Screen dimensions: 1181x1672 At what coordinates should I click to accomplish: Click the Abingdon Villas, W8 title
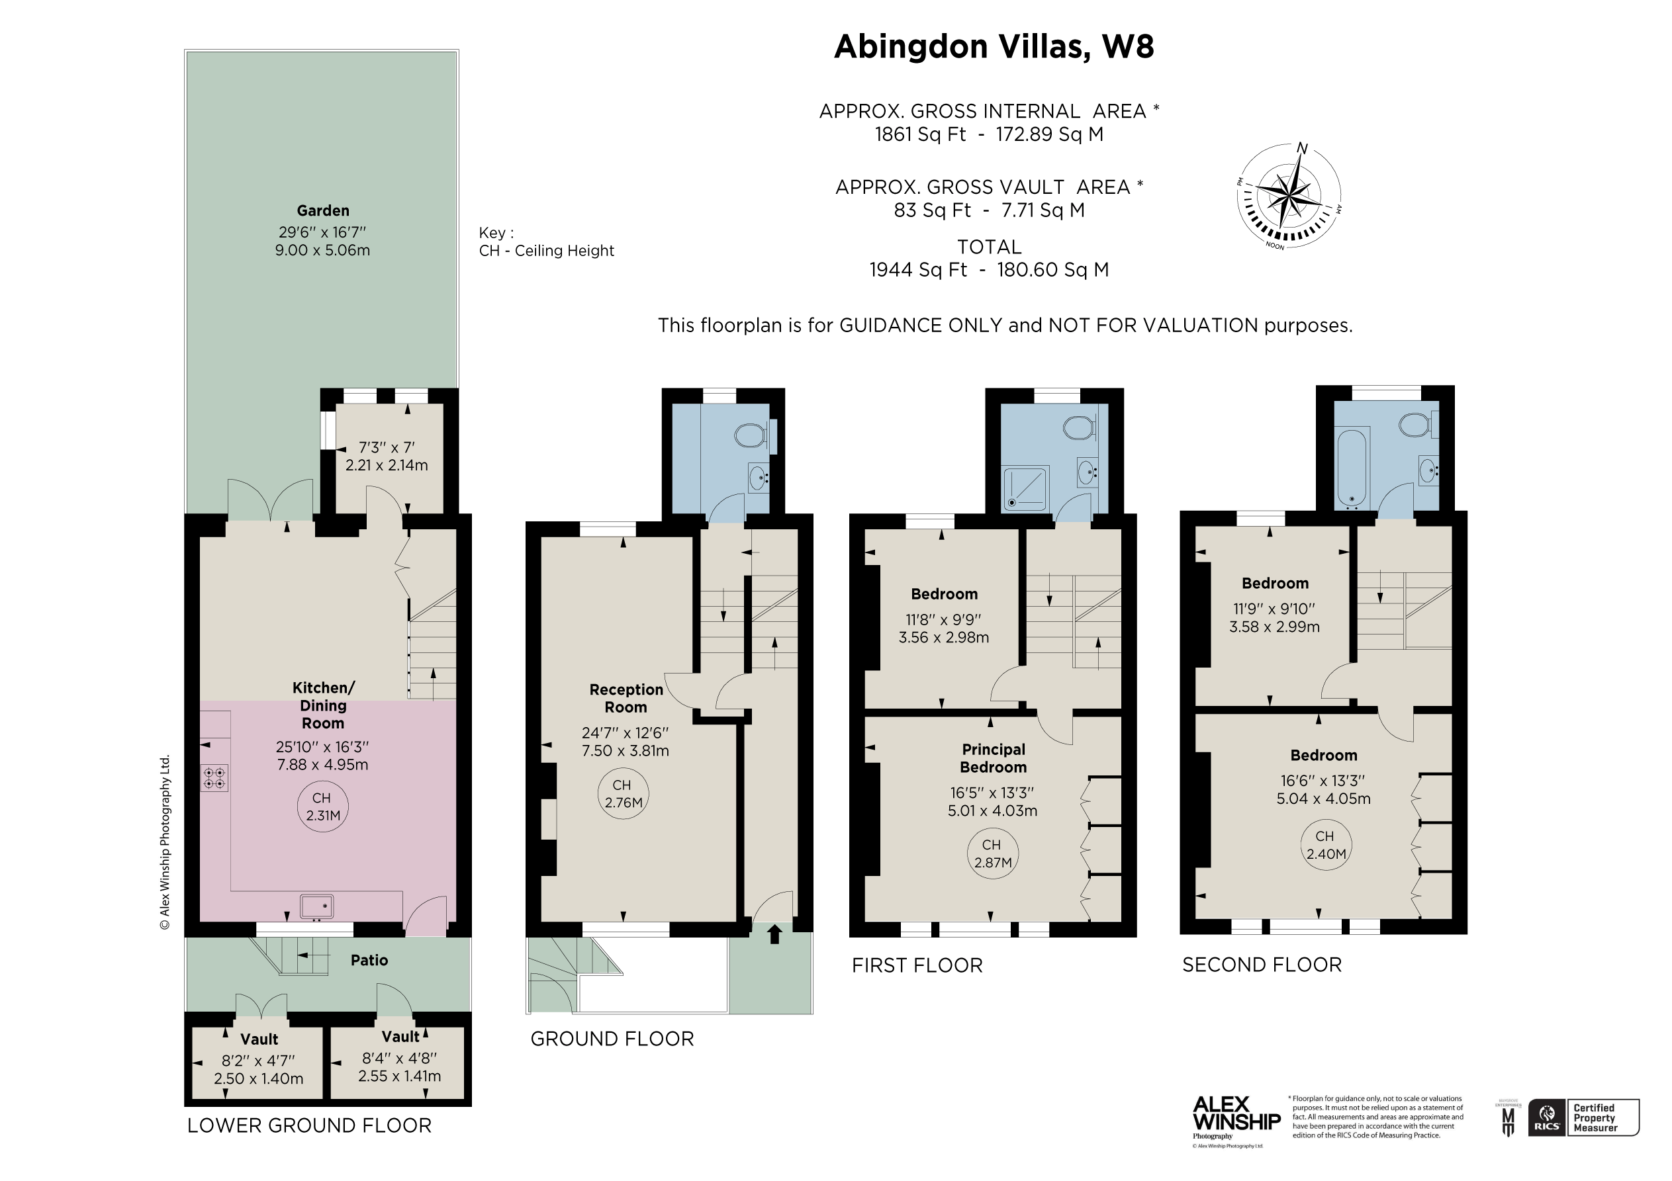coord(994,46)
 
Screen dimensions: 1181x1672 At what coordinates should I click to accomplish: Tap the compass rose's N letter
coord(1302,150)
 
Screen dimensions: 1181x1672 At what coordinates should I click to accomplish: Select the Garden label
coord(322,211)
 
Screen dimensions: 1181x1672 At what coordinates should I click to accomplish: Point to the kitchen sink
coord(317,906)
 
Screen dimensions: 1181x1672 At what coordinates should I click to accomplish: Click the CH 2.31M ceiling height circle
coord(322,807)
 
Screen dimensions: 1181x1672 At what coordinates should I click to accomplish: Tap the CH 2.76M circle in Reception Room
coord(623,795)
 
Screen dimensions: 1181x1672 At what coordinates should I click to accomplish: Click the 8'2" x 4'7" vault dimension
coord(259,1061)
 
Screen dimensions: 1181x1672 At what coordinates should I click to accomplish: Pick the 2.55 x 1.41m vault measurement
coord(399,1076)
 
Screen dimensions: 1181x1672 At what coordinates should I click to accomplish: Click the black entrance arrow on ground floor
coord(774,934)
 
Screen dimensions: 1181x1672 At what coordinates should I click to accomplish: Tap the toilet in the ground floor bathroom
coord(750,436)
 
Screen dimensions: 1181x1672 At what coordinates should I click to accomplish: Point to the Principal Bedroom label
coord(993,758)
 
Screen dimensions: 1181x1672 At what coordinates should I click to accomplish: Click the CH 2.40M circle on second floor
coord(1324,846)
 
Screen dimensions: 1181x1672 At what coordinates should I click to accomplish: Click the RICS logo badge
coord(1548,1117)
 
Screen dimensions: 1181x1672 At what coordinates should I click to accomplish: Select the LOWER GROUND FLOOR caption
coord(310,1125)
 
